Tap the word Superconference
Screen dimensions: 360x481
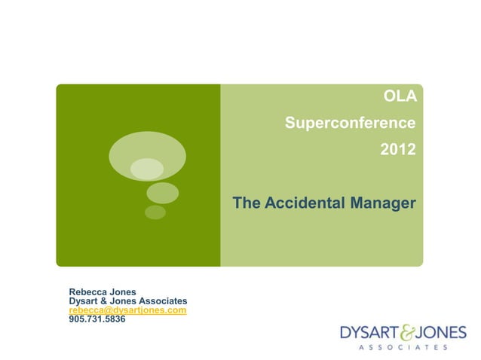click(x=350, y=123)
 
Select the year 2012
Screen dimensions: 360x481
click(x=397, y=149)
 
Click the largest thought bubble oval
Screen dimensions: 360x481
click(x=147, y=156)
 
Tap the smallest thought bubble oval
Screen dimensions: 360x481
click(x=155, y=212)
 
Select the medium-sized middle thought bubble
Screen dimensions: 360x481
click(x=161, y=193)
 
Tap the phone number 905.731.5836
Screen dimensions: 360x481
click(x=97, y=319)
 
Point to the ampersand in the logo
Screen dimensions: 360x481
click(x=405, y=331)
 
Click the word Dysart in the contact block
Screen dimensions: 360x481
click(x=84, y=301)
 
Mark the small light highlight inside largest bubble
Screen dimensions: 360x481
click(x=146, y=169)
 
